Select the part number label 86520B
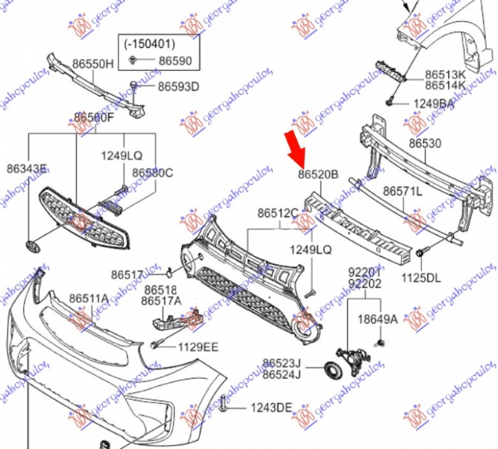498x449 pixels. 317,175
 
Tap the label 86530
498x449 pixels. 425,144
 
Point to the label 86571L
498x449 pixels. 402,191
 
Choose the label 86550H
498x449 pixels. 93,63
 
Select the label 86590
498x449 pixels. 175,61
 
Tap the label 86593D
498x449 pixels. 177,86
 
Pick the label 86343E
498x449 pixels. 27,168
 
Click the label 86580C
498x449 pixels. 153,172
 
